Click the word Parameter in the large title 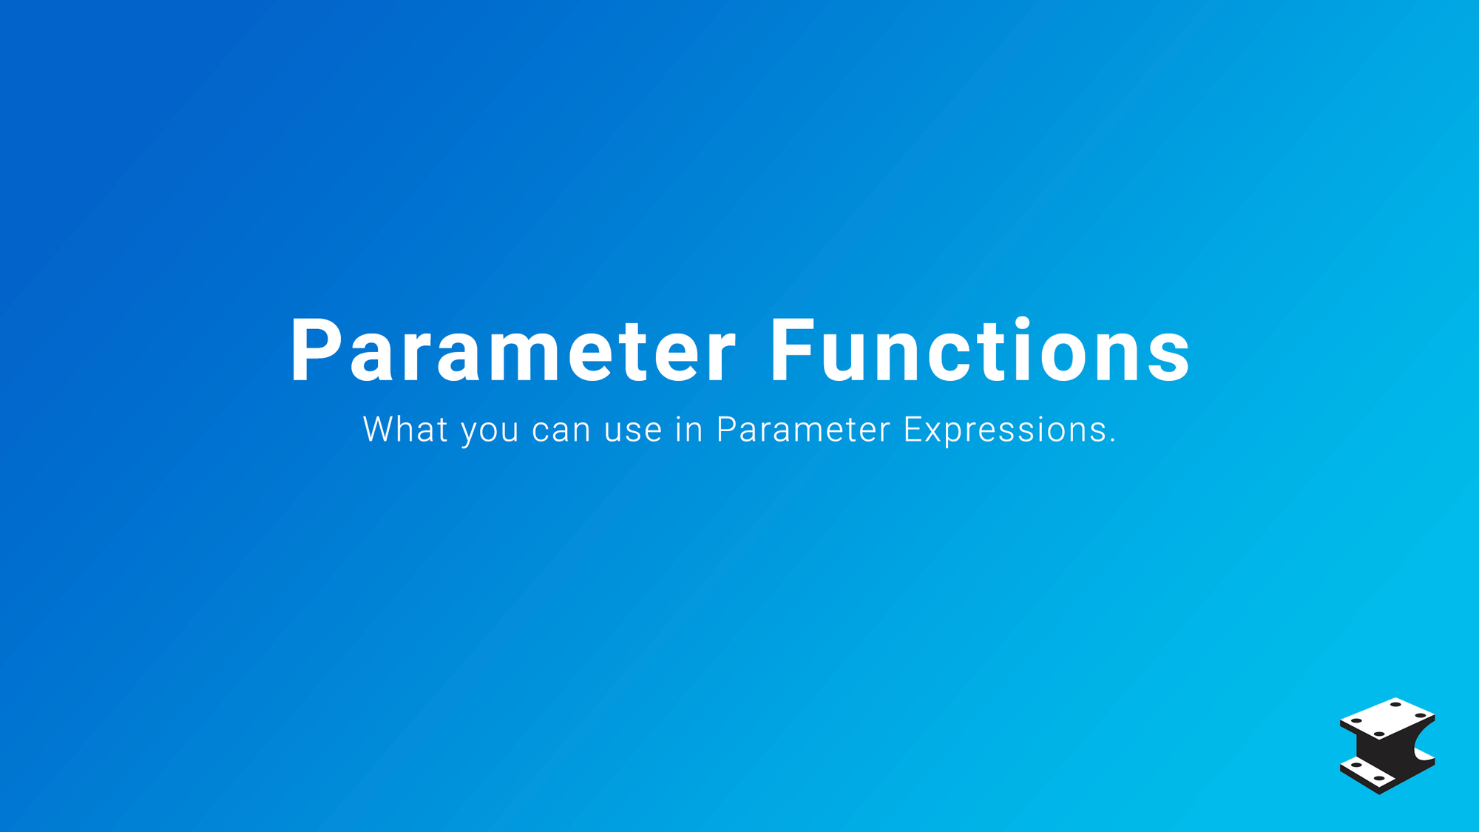513,351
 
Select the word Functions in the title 980,350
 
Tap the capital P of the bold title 316,351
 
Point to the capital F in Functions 793,351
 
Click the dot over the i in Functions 1023,322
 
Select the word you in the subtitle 490,433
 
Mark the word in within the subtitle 688,429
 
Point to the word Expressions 1005,430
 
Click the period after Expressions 1112,441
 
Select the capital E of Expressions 913,429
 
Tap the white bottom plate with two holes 1368,772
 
